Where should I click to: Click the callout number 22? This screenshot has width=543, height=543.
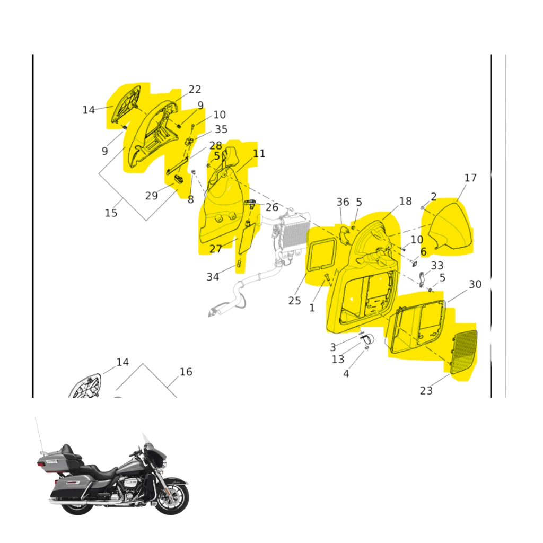pyautogui.click(x=195, y=89)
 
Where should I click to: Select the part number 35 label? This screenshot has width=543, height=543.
pyautogui.click(x=221, y=129)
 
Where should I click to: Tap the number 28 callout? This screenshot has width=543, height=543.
pyautogui.click(x=215, y=145)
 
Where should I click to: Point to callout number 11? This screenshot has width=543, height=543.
pyautogui.click(x=259, y=153)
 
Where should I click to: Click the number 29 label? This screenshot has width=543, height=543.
pyautogui.click(x=151, y=196)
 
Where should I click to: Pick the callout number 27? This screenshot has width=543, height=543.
pyautogui.click(x=215, y=249)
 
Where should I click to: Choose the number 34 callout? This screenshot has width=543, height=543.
pyautogui.click(x=213, y=277)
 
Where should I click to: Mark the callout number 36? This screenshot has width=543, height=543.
pyautogui.click(x=343, y=202)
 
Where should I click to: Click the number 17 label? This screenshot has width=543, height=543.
pyautogui.click(x=470, y=178)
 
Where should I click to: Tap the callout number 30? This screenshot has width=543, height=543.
pyautogui.click(x=475, y=284)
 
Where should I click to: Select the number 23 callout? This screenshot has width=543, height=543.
pyautogui.click(x=426, y=391)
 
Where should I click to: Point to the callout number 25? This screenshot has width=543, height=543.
pyautogui.click(x=294, y=301)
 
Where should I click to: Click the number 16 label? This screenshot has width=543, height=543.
pyautogui.click(x=186, y=372)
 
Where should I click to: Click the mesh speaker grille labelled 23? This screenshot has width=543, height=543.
pyautogui.click(x=463, y=352)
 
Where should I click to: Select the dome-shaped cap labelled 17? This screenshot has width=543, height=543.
pyautogui.click(x=450, y=227)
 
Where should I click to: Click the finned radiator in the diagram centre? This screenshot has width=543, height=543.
pyautogui.click(x=295, y=234)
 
